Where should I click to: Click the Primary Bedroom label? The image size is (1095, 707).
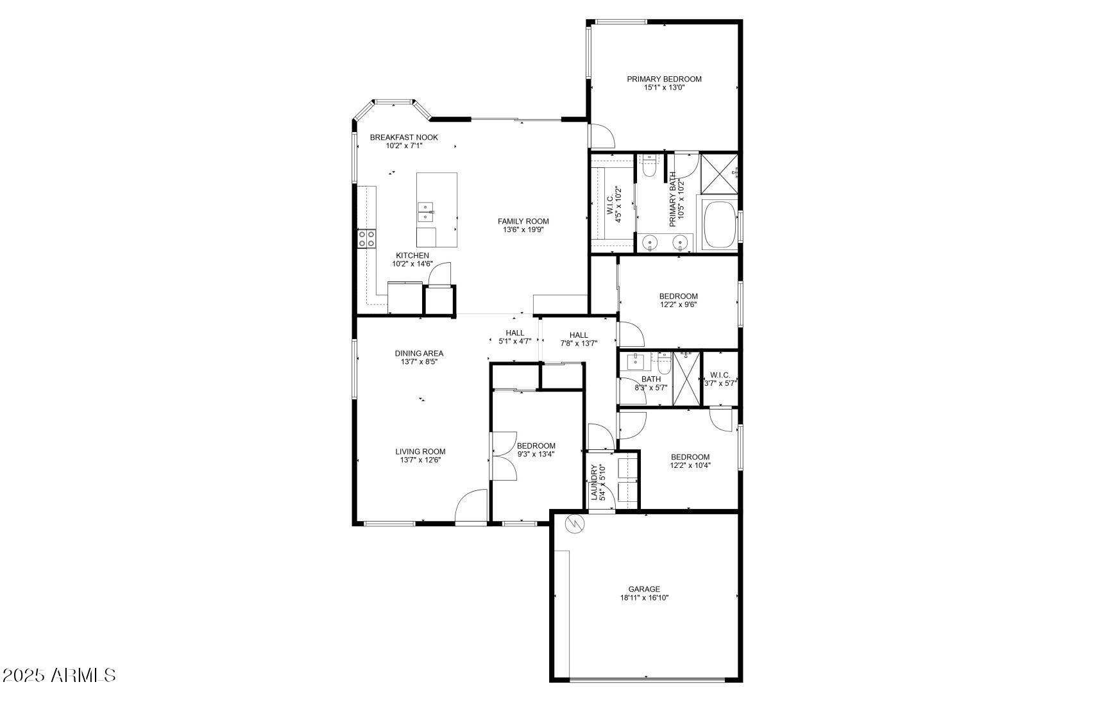click(x=664, y=79)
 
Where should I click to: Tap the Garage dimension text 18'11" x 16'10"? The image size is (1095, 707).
click(x=644, y=598)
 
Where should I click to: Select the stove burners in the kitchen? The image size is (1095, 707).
click(x=366, y=239)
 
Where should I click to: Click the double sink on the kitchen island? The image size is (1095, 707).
click(x=425, y=212)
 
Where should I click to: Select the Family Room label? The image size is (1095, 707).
click(x=523, y=222)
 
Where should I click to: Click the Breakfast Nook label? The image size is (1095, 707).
click(x=403, y=138)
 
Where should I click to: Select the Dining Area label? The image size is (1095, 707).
click(x=419, y=354)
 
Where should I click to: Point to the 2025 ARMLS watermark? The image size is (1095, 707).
click(x=58, y=675)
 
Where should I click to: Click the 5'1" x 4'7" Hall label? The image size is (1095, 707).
click(x=514, y=333)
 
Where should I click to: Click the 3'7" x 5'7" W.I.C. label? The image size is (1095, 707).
click(x=720, y=375)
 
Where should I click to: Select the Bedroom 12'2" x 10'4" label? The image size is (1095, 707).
click(x=690, y=457)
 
